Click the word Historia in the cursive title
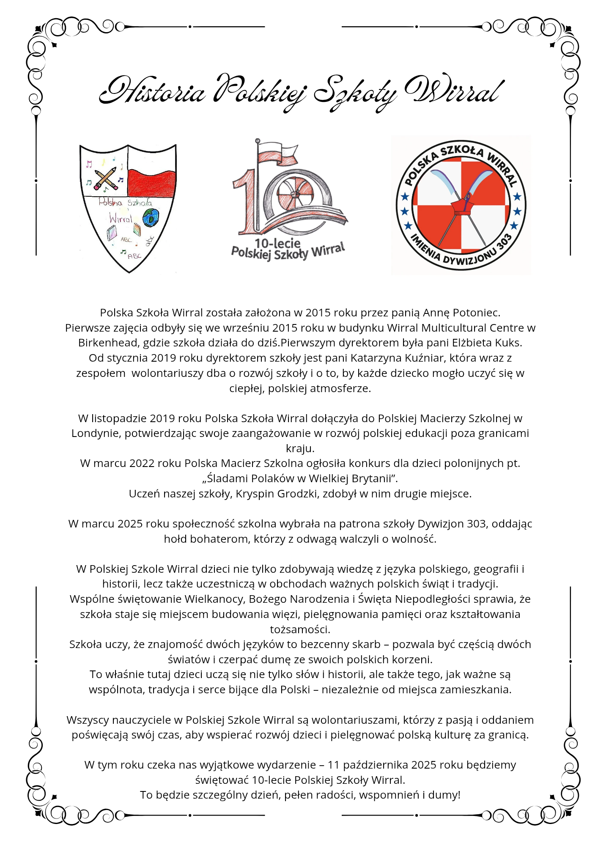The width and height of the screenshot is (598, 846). coord(152,91)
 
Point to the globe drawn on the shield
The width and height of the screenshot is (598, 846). coord(150,217)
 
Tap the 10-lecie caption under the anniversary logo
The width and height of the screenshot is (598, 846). coord(277,243)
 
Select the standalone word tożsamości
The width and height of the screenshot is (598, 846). coord(300,629)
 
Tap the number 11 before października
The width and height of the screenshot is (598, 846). coord(333,765)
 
